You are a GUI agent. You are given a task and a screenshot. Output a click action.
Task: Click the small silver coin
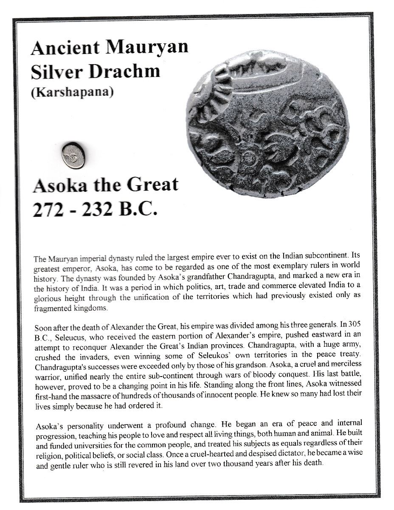tap(73, 155)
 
